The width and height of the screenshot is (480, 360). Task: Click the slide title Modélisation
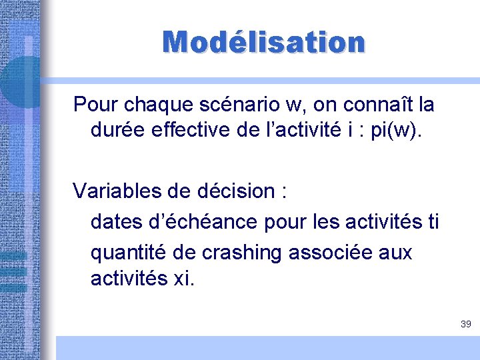264,42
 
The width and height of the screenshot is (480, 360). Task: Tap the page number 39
465,324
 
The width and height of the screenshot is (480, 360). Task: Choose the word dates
115,222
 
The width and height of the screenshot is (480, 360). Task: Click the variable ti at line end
432,222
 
